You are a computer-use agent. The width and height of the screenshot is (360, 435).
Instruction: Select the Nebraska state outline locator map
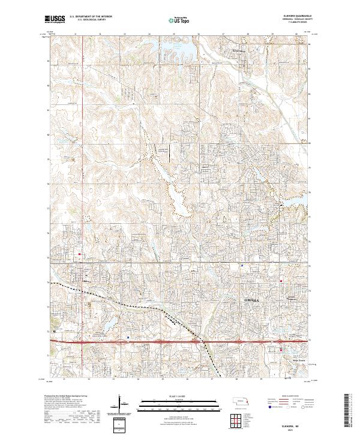tap(242, 401)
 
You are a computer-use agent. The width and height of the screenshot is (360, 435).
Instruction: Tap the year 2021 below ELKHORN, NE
tap(294, 428)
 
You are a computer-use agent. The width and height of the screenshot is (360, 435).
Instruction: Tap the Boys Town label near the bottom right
tap(298, 361)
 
